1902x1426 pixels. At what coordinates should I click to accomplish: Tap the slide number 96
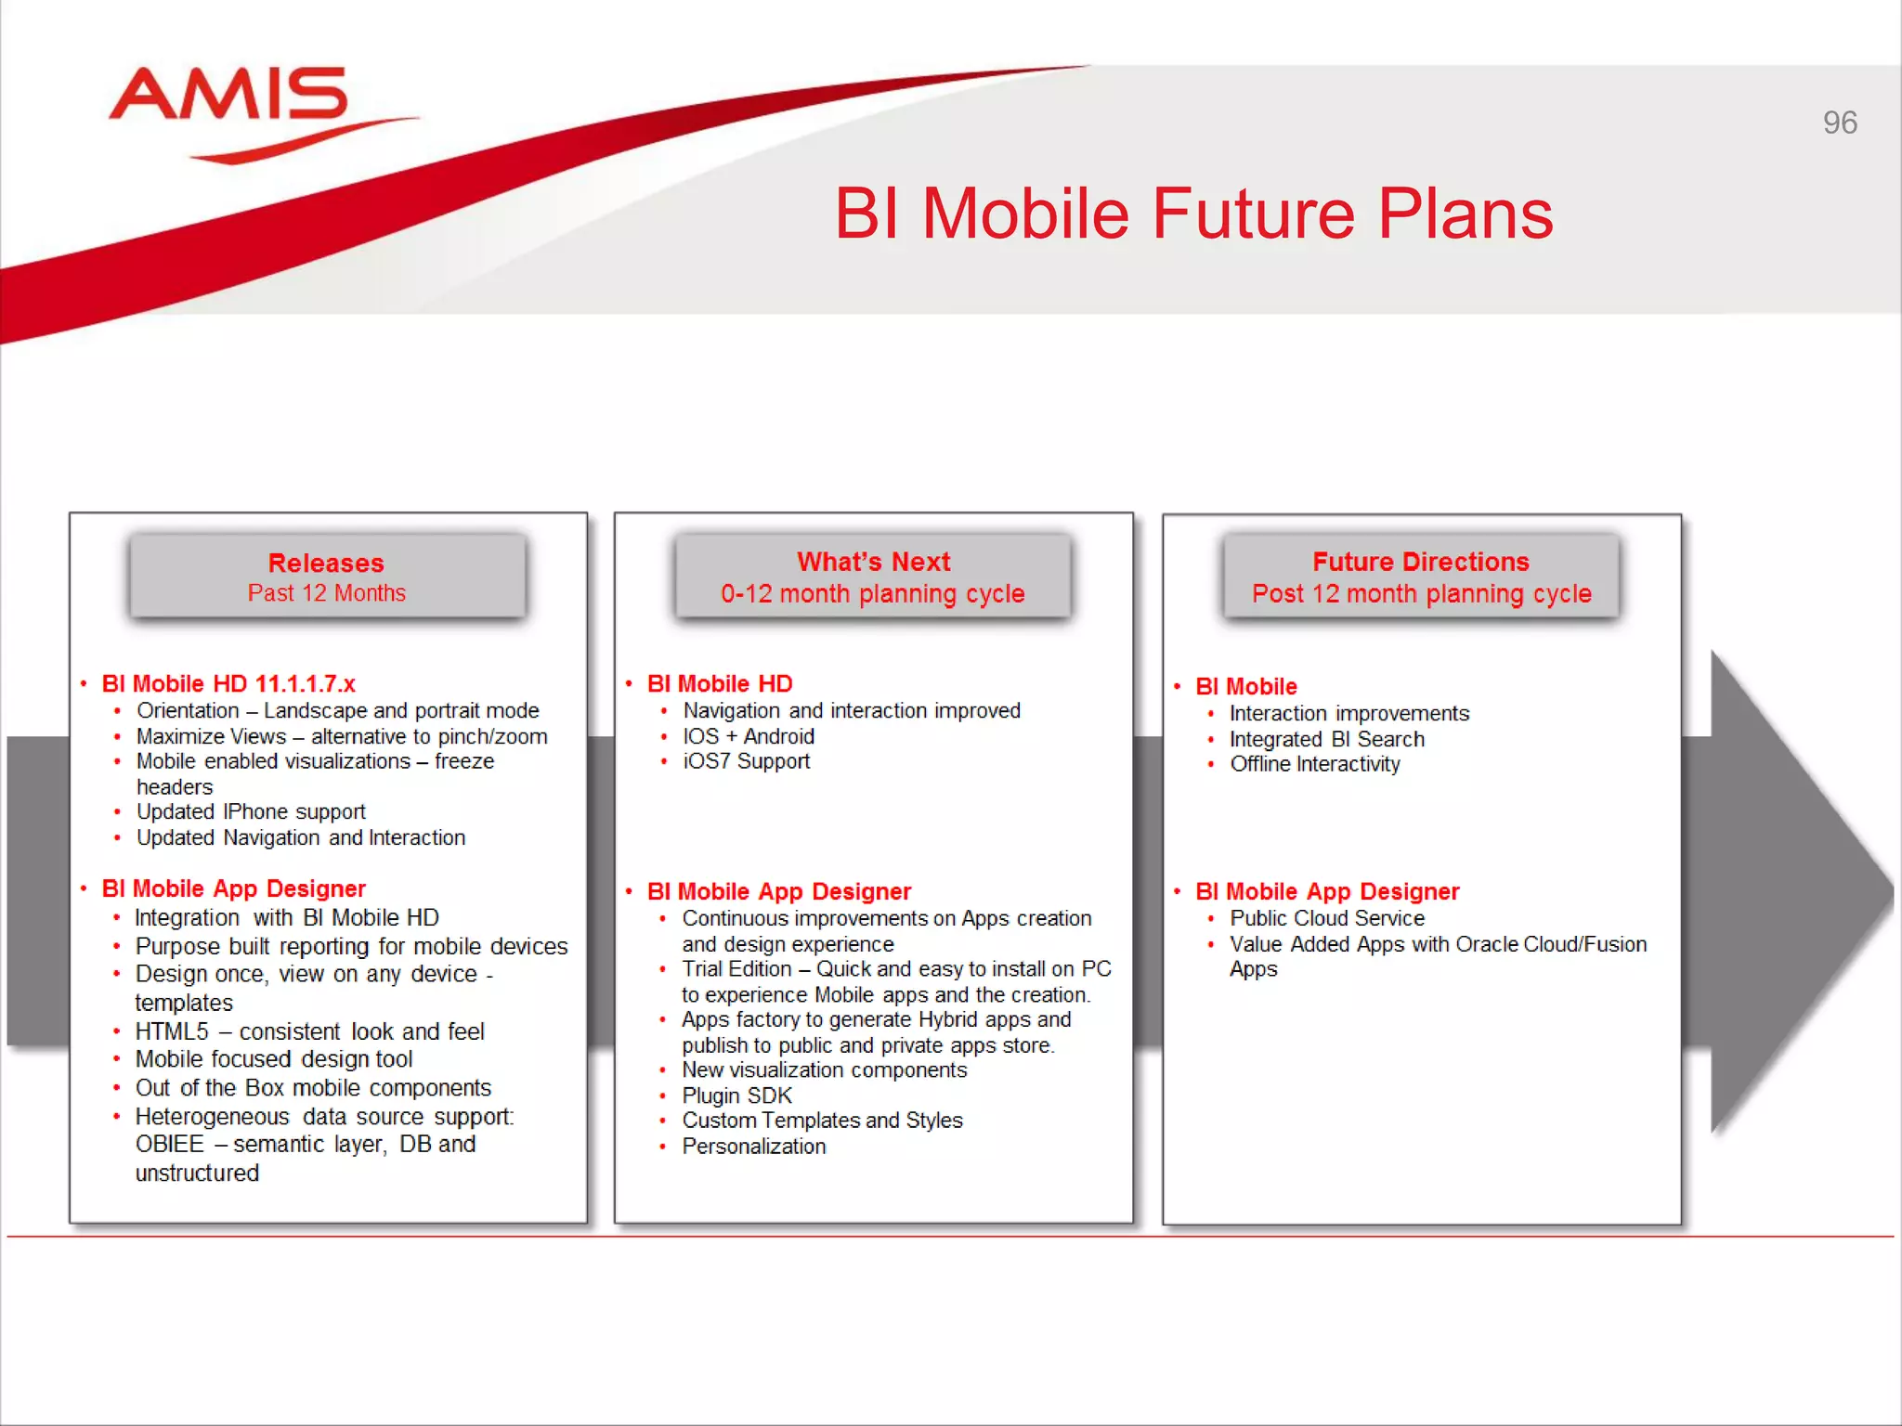(x=1839, y=123)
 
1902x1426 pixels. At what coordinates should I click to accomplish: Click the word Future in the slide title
(x=1255, y=214)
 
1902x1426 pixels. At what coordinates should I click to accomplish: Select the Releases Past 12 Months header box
(x=327, y=577)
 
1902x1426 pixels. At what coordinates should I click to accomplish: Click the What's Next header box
(x=873, y=577)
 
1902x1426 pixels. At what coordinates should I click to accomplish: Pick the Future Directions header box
(x=1421, y=577)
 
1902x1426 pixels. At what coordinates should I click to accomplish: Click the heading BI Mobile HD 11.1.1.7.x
(x=228, y=684)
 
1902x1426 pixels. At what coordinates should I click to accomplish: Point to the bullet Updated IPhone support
(x=251, y=812)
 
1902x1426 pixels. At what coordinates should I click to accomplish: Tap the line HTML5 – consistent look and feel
(x=309, y=1031)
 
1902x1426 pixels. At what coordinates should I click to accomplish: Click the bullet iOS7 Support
(x=746, y=761)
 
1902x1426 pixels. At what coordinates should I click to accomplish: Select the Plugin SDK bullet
(x=736, y=1095)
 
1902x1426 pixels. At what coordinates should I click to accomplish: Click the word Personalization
(x=753, y=1147)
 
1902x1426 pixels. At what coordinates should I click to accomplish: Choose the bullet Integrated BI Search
(x=1326, y=739)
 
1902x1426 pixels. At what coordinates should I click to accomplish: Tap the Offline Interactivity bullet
(x=1314, y=764)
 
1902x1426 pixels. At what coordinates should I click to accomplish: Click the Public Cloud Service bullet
(x=1326, y=918)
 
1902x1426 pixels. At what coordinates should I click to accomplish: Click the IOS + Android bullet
(x=749, y=736)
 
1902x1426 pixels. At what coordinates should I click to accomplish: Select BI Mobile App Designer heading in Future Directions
(x=1327, y=892)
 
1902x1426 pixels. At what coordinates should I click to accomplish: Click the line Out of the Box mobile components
(x=313, y=1088)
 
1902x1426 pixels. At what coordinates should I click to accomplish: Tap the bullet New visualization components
(x=824, y=1070)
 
